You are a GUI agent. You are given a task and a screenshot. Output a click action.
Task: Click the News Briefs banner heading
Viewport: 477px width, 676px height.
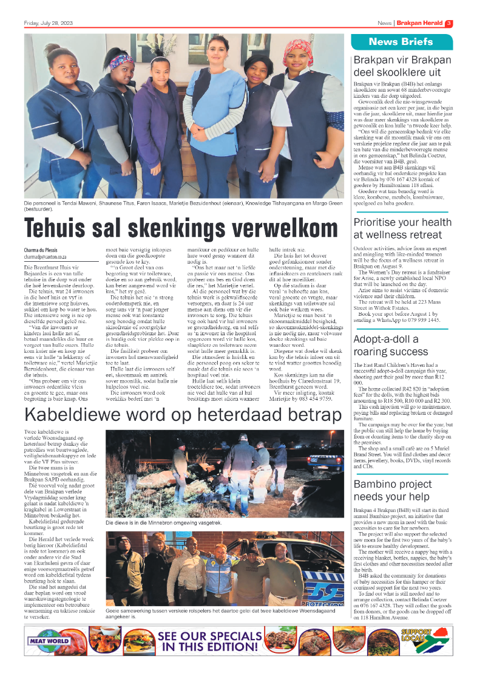pos(401,42)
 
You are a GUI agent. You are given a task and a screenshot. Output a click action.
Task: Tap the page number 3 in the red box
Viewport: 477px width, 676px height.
pos(448,24)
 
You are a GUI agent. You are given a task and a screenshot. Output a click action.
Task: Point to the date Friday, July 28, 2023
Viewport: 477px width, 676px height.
pos(47,24)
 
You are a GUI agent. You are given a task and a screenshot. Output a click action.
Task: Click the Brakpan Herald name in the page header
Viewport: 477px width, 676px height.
pos(419,24)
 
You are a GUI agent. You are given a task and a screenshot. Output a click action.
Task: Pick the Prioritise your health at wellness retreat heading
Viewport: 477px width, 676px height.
pos(397,228)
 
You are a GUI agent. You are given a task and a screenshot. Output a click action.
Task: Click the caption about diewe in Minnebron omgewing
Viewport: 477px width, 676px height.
pos(155,522)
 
